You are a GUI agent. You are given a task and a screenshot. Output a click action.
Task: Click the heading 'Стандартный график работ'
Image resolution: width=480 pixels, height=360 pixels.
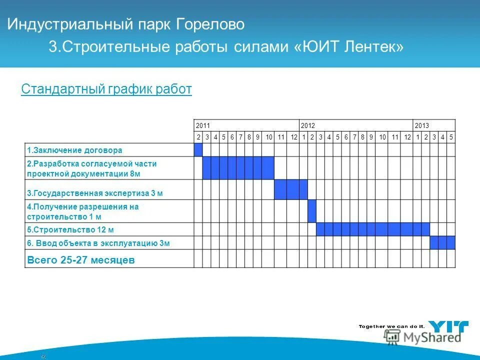(x=106, y=89)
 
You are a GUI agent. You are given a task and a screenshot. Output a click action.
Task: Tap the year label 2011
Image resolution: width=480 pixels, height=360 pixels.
(x=202, y=125)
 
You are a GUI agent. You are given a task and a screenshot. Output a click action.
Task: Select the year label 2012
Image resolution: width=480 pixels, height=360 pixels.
(x=307, y=125)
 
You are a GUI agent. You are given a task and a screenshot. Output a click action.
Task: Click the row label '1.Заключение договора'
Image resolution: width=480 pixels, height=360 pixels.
(x=74, y=150)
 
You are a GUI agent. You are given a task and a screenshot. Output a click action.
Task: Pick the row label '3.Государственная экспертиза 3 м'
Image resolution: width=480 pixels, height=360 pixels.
(x=95, y=193)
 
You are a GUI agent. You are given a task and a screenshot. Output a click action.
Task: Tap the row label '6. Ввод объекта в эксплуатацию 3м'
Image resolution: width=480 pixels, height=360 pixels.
(x=98, y=243)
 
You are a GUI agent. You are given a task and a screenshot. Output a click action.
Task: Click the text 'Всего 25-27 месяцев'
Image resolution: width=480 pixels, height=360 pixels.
(x=80, y=260)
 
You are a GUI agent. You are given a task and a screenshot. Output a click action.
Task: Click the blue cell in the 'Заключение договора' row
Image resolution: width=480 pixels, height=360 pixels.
(x=198, y=150)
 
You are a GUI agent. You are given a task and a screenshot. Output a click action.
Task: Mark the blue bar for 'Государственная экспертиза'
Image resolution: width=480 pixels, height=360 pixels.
(x=290, y=189)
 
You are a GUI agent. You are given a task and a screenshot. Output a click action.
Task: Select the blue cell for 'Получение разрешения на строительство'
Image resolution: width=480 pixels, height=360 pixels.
(x=312, y=211)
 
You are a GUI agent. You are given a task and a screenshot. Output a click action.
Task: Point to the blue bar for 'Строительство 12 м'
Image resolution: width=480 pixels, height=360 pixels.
(x=372, y=229)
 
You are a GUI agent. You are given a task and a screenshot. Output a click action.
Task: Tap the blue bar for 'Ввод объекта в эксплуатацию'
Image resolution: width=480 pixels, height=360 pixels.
(x=442, y=243)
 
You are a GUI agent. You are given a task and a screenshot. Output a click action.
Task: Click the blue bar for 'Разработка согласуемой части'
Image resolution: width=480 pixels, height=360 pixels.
(x=238, y=168)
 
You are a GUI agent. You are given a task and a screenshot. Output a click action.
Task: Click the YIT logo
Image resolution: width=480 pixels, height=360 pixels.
(x=449, y=327)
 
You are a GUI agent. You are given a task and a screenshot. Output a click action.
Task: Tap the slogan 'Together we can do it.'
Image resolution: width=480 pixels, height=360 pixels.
(x=391, y=326)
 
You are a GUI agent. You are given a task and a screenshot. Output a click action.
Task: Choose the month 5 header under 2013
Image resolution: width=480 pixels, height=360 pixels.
(x=451, y=137)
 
